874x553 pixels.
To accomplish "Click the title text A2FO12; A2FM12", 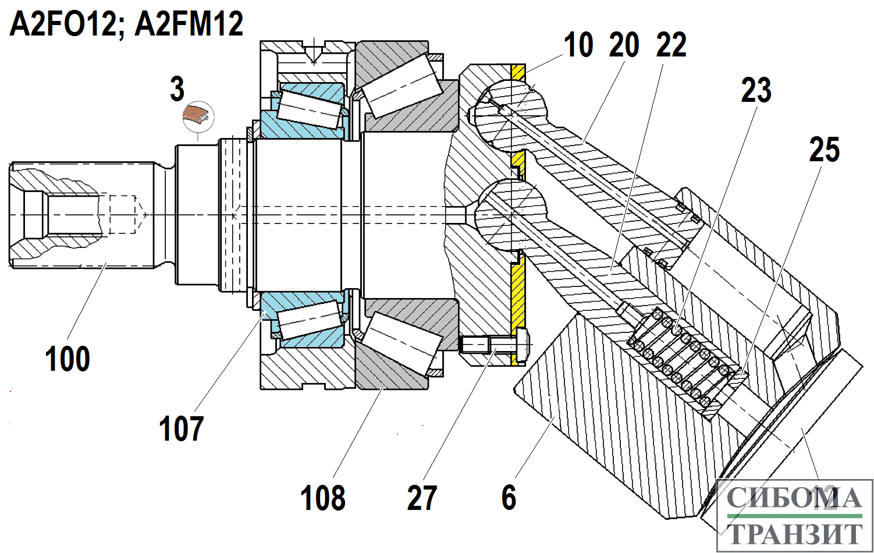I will click(x=126, y=24).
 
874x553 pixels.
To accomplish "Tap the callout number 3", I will click(x=177, y=89).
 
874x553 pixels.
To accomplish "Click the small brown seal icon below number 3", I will click(x=198, y=115).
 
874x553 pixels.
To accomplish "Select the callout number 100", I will click(x=67, y=359).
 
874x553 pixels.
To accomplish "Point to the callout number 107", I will click(x=181, y=429).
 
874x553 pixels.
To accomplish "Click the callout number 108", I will click(x=323, y=498).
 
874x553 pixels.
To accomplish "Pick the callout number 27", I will click(x=422, y=498).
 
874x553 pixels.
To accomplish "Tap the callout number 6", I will click(x=509, y=498).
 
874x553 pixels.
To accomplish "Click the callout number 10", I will click(x=578, y=45).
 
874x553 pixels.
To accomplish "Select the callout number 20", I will click(x=624, y=45).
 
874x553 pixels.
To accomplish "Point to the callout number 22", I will click(x=672, y=45).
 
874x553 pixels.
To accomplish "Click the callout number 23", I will click(x=756, y=90).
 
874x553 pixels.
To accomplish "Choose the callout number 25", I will click(x=825, y=150).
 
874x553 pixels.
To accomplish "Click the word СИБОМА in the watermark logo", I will click(x=794, y=498).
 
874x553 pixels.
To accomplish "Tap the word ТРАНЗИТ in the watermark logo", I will click(x=794, y=533).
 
